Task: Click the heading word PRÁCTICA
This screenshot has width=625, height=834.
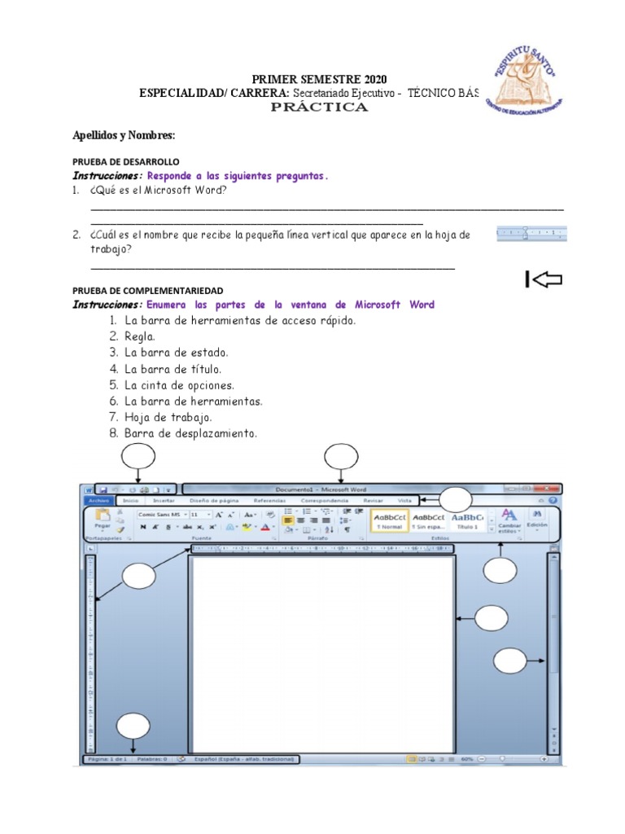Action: pos(319,108)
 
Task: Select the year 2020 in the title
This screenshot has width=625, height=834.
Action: pos(364,79)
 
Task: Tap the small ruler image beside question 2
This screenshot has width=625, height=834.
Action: pos(531,235)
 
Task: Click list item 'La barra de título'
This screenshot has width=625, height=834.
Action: pos(173,369)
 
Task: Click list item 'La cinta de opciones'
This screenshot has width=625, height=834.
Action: pos(179,385)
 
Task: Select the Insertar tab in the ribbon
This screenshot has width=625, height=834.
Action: pos(164,501)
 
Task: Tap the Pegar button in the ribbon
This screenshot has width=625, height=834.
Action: pos(103,521)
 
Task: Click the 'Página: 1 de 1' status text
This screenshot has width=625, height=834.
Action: pos(103,759)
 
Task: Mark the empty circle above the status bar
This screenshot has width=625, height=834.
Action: pos(133,726)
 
